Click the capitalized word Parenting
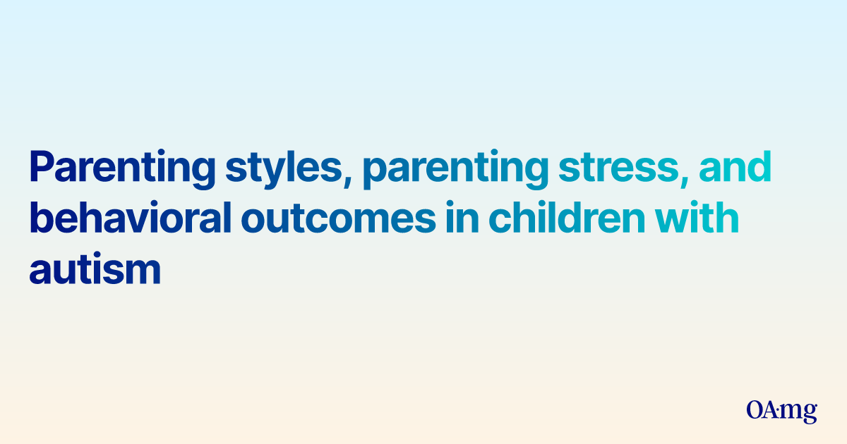122,169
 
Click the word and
735,166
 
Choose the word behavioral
131,217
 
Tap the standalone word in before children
462,217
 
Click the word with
697,217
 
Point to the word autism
95,268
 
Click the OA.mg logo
781,412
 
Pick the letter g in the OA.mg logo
809,414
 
